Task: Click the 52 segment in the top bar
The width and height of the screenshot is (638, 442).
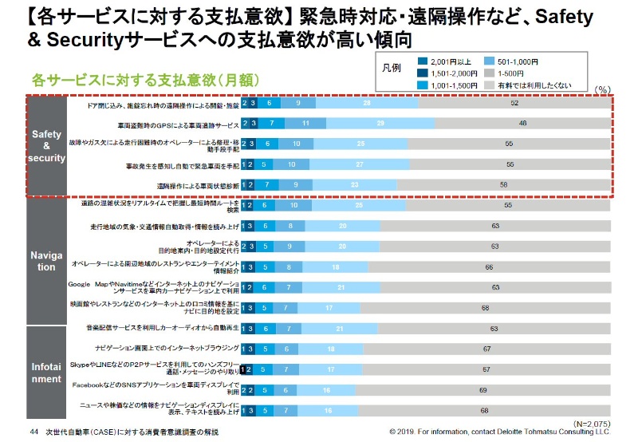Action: click(514, 104)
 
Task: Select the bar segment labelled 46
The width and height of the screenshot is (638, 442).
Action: click(522, 124)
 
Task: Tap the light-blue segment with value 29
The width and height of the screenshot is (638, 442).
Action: click(380, 124)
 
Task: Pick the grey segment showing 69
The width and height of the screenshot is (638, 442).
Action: click(483, 390)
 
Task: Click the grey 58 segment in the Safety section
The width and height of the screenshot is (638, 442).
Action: click(503, 184)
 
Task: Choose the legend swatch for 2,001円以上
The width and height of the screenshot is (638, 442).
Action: click(423, 61)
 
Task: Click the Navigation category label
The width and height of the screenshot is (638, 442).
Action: click(45, 261)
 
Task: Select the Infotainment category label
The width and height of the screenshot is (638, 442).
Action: click(45, 373)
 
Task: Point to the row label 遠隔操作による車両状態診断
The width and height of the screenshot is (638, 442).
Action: click(187, 185)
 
